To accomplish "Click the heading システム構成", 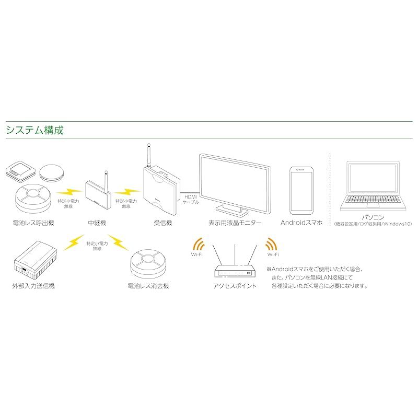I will [x=34, y=130].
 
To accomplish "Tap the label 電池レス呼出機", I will [x=33, y=223].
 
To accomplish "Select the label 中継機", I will [x=97, y=223].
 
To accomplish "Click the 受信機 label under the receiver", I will [x=162, y=223].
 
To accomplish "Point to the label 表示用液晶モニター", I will [x=235, y=223].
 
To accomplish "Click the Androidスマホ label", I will [x=301, y=223].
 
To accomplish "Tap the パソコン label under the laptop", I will [x=373, y=217].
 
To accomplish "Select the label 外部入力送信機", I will [x=33, y=286].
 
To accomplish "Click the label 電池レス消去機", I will [x=148, y=286].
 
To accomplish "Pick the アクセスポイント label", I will [x=235, y=286].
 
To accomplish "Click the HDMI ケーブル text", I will [x=189, y=198].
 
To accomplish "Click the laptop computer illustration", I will [x=373, y=185].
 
